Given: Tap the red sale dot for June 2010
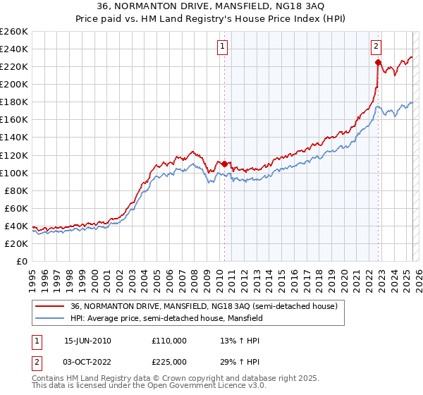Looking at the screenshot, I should pos(225,164).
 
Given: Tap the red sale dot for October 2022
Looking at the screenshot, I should pos(378,62).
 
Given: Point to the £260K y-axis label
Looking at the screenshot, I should pos(13,32).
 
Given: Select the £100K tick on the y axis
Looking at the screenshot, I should pos(13,173).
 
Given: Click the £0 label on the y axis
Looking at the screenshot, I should pos(22,261).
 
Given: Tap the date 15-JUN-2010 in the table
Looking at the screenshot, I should pos(87,341).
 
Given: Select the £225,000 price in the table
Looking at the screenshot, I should pos(169,362).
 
